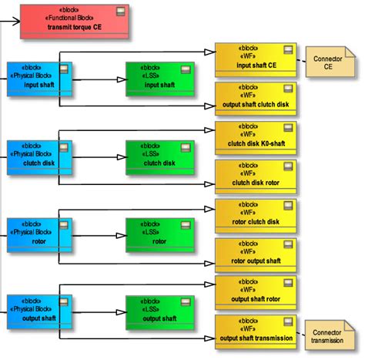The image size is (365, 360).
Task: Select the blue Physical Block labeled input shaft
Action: click(x=39, y=79)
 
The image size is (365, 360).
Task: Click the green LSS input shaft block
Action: click(x=159, y=79)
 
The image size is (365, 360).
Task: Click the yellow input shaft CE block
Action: click(x=256, y=59)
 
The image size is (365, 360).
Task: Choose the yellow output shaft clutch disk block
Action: click(x=256, y=99)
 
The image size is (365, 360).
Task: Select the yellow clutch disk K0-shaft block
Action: click(x=256, y=137)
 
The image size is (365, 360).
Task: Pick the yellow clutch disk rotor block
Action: click(x=256, y=177)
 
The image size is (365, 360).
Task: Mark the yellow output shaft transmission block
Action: click(x=256, y=332)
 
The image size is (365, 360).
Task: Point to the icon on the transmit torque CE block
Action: click(x=120, y=11)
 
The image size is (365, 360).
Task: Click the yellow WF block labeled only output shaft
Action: click(x=256, y=293)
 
